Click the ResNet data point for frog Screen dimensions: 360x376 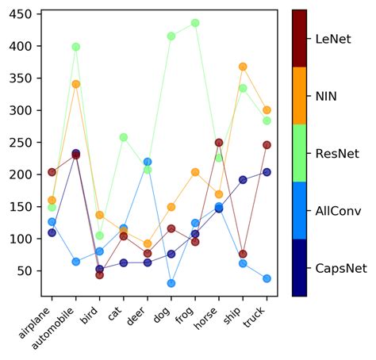click(x=195, y=23)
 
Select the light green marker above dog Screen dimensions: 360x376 click(x=171, y=36)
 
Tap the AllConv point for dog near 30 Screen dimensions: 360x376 click(x=171, y=283)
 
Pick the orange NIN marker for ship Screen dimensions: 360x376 click(x=243, y=67)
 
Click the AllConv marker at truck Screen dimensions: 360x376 click(x=267, y=278)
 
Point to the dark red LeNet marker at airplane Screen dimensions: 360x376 click(x=52, y=172)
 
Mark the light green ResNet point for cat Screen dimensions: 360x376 click(x=124, y=137)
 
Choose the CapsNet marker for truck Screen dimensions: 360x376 click(x=267, y=172)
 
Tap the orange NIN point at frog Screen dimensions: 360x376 click(x=195, y=172)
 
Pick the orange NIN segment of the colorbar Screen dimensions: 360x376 click(x=299, y=95)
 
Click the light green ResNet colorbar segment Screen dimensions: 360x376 click(x=299, y=153)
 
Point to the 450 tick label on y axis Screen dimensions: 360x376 click(x=21, y=15)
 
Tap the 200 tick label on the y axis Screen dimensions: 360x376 click(x=21, y=175)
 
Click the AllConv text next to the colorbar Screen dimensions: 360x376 click(x=340, y=210)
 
